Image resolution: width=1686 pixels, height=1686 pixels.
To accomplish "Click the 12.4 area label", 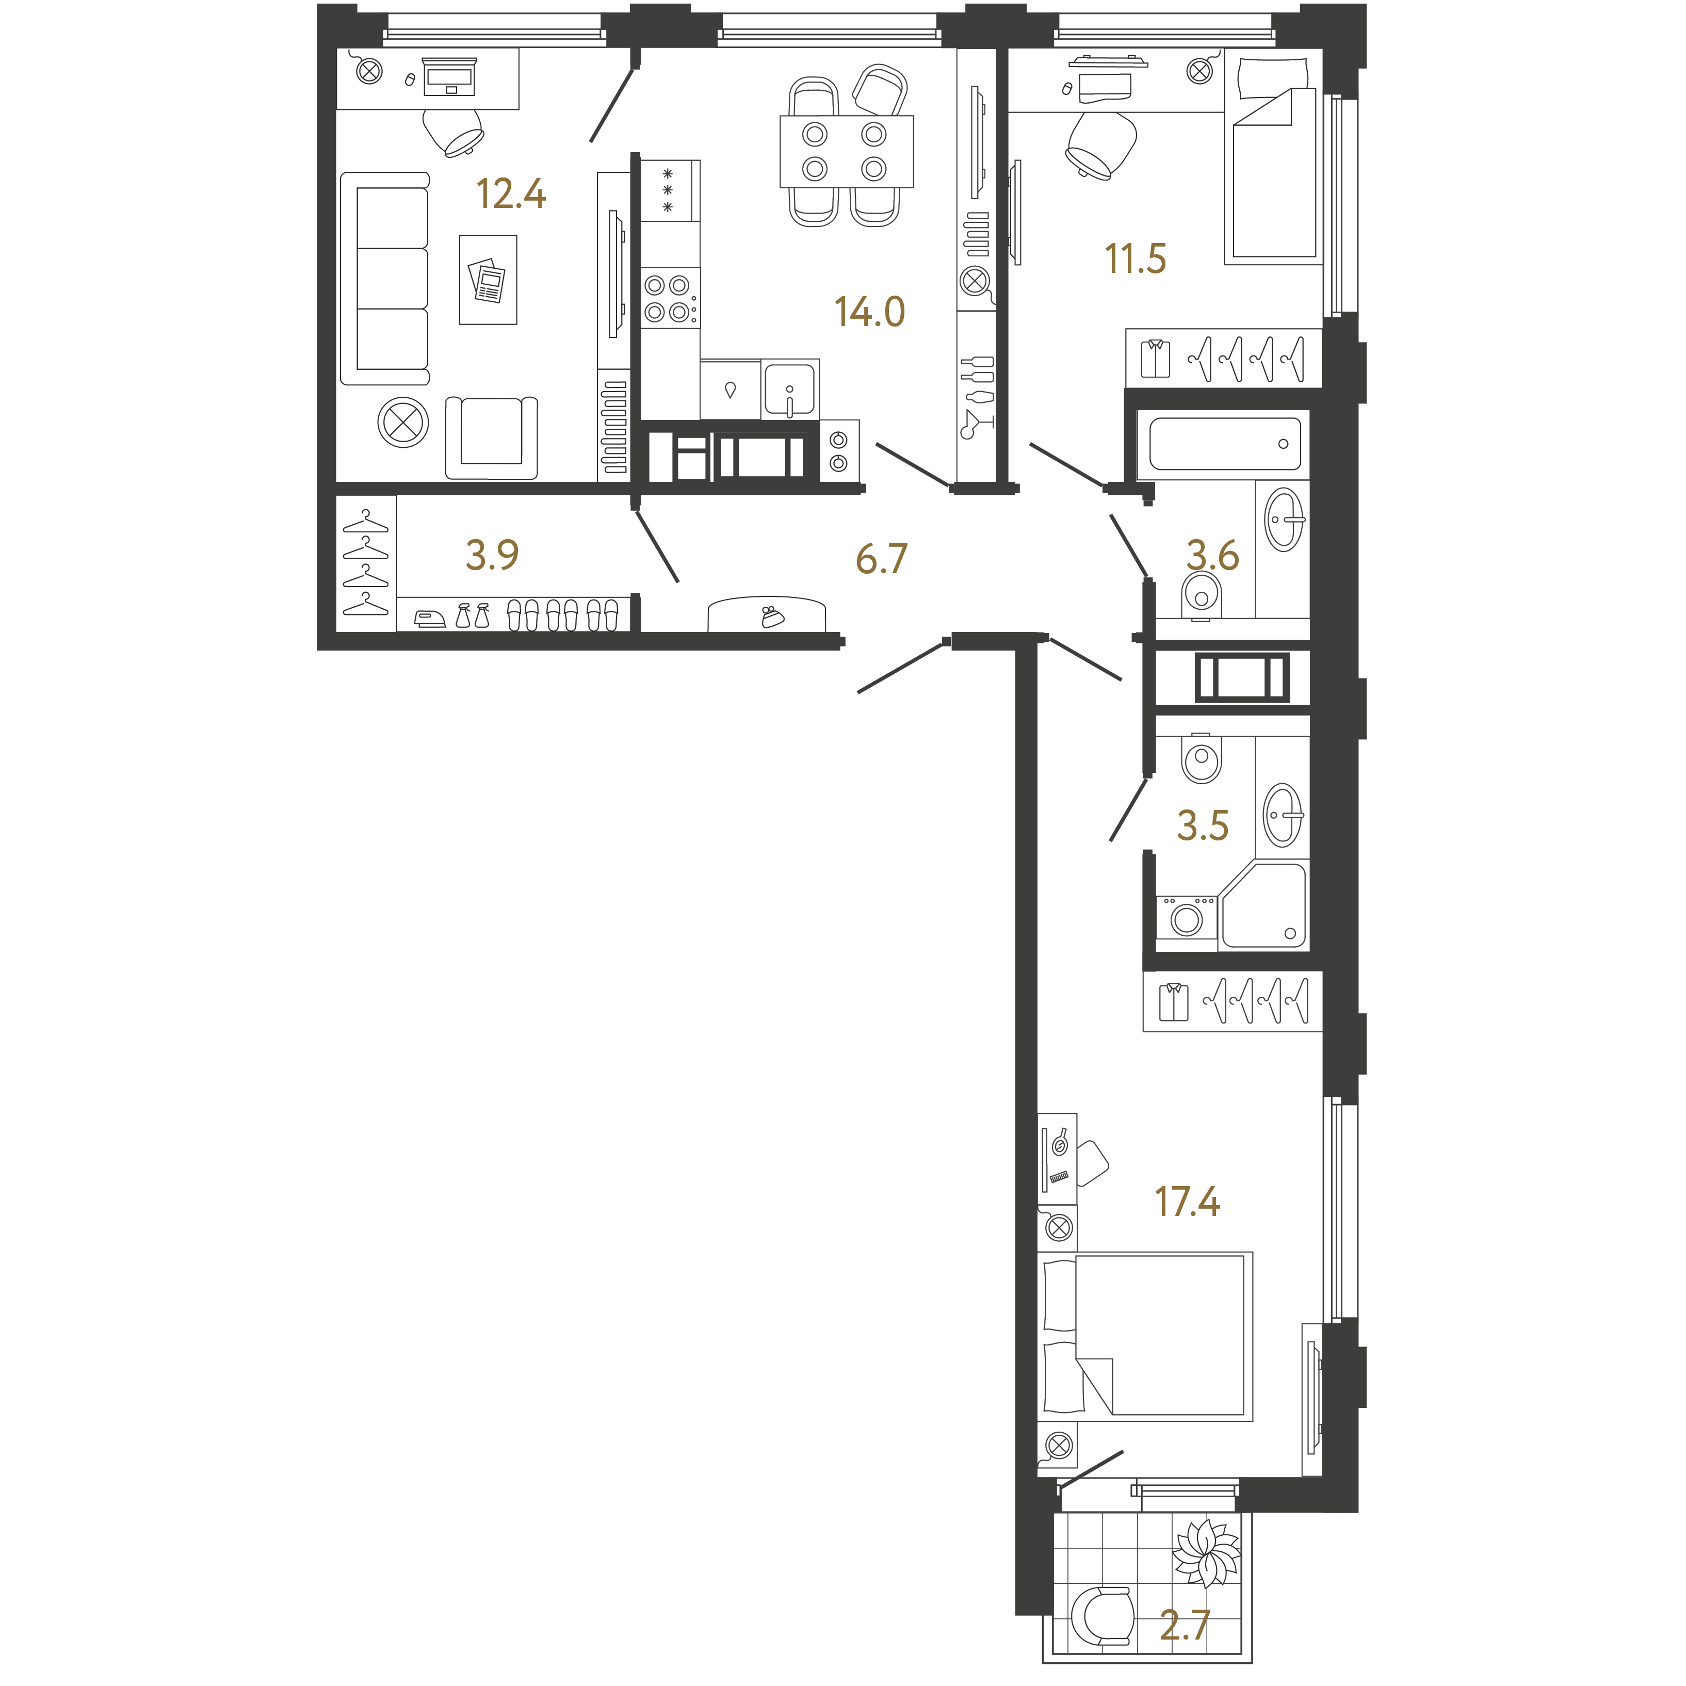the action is (511, 194).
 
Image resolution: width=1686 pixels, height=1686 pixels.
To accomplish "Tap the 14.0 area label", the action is (870, 312).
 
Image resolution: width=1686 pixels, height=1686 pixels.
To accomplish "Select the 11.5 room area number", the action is (1136, 259).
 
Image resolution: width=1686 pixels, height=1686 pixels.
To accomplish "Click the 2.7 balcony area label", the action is (1184, 1625).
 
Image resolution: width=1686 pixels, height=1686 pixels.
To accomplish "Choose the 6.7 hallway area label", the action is (881, 559).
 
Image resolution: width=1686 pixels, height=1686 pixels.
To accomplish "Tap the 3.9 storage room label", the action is (492, 554).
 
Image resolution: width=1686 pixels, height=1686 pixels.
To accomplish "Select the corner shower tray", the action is (1263, 906).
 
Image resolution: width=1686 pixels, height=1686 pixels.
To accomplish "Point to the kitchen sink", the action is (789, 389).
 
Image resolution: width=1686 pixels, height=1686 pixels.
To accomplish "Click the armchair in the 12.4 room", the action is (491, 437).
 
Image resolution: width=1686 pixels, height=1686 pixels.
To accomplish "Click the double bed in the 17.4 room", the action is (1145, 1335).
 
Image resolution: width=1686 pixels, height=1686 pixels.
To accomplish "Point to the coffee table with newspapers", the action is (488, 279).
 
